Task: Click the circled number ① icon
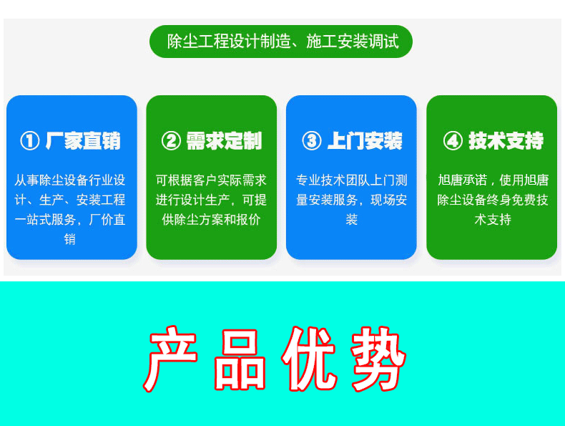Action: (x=29, y=140)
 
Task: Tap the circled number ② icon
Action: (x=171, y=140)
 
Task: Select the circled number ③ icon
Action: (x=312, y=140)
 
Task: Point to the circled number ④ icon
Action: (x=453, y=140)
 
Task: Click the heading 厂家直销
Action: (x=83, y=140)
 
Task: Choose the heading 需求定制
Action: (x=224, y=140)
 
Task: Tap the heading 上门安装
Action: (x=365, y=140)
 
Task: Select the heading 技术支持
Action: (x=506, y=140)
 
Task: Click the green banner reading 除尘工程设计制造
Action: (x=281, y=42)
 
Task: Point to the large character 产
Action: (x=171, y=359)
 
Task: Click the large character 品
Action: (x=240, y=359)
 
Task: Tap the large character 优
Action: (x=309, y=359)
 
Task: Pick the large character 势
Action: (x=378, y=359)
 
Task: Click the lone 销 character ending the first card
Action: (x=70, y=239)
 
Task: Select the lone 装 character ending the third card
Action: (x=351, y=219)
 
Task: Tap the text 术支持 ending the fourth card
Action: (x=493, y=219)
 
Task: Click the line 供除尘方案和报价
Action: (x=211, y=219)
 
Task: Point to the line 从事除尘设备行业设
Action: (x=70, y=180)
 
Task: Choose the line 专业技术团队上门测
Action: (x=351, y=180)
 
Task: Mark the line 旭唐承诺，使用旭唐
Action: (x=493, y=180)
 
